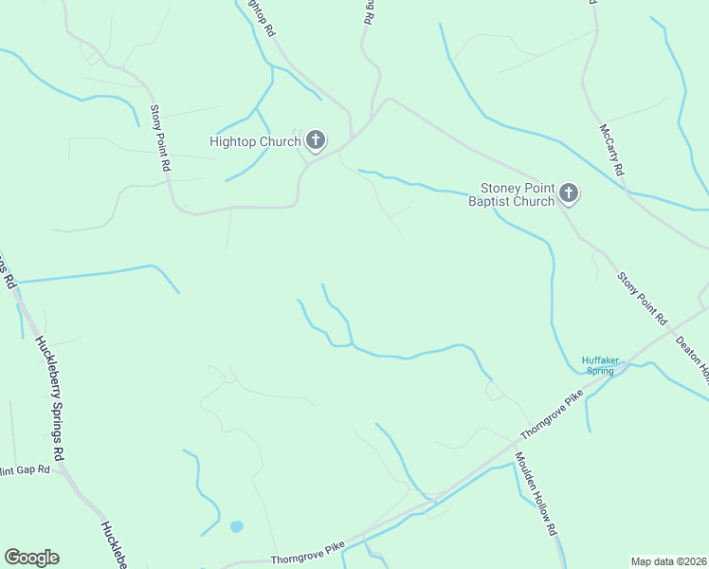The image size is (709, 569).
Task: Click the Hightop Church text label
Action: click(x=254, y=142)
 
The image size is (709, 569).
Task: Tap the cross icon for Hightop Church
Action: click(x=316, y=142)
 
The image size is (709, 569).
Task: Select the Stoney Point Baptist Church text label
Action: click(x=517, y=194)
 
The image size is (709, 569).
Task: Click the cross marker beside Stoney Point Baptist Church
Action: click(x=569, y=194)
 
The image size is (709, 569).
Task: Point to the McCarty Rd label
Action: click(x=611, y=150)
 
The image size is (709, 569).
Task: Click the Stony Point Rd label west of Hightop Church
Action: click(x=159, y=138)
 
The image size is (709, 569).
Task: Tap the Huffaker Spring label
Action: click(x=599, y=364)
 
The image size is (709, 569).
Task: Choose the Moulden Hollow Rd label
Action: click(x=536, y=493)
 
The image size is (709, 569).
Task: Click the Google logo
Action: click(x=31, y=558)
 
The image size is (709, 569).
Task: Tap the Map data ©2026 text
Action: click(x=668, y=561)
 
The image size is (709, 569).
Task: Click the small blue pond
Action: click(x=236, y=526)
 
